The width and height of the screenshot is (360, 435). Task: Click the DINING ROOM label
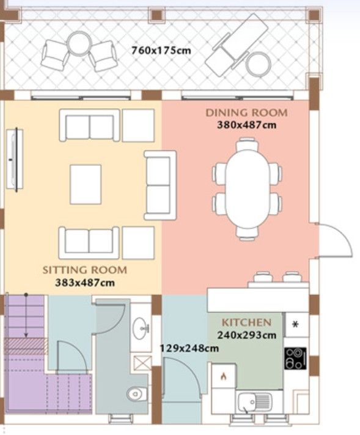[246, 113]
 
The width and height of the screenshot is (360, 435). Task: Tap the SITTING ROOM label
[84, 270]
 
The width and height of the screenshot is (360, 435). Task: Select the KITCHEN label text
[246, 322]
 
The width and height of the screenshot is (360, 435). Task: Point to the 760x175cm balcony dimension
[161, 50]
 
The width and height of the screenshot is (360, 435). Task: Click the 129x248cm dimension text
[189, 348]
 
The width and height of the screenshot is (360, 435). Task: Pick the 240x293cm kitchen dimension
[246, 335]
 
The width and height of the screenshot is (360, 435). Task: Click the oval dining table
[247, 188]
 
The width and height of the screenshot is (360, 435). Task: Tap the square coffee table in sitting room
[86, 184]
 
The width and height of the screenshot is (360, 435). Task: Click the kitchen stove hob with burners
[296, 359]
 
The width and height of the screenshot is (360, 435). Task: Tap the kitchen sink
[255, 402]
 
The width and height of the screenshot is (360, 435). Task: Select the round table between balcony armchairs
[79, 44]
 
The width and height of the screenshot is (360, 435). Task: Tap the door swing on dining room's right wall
[334, 240]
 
